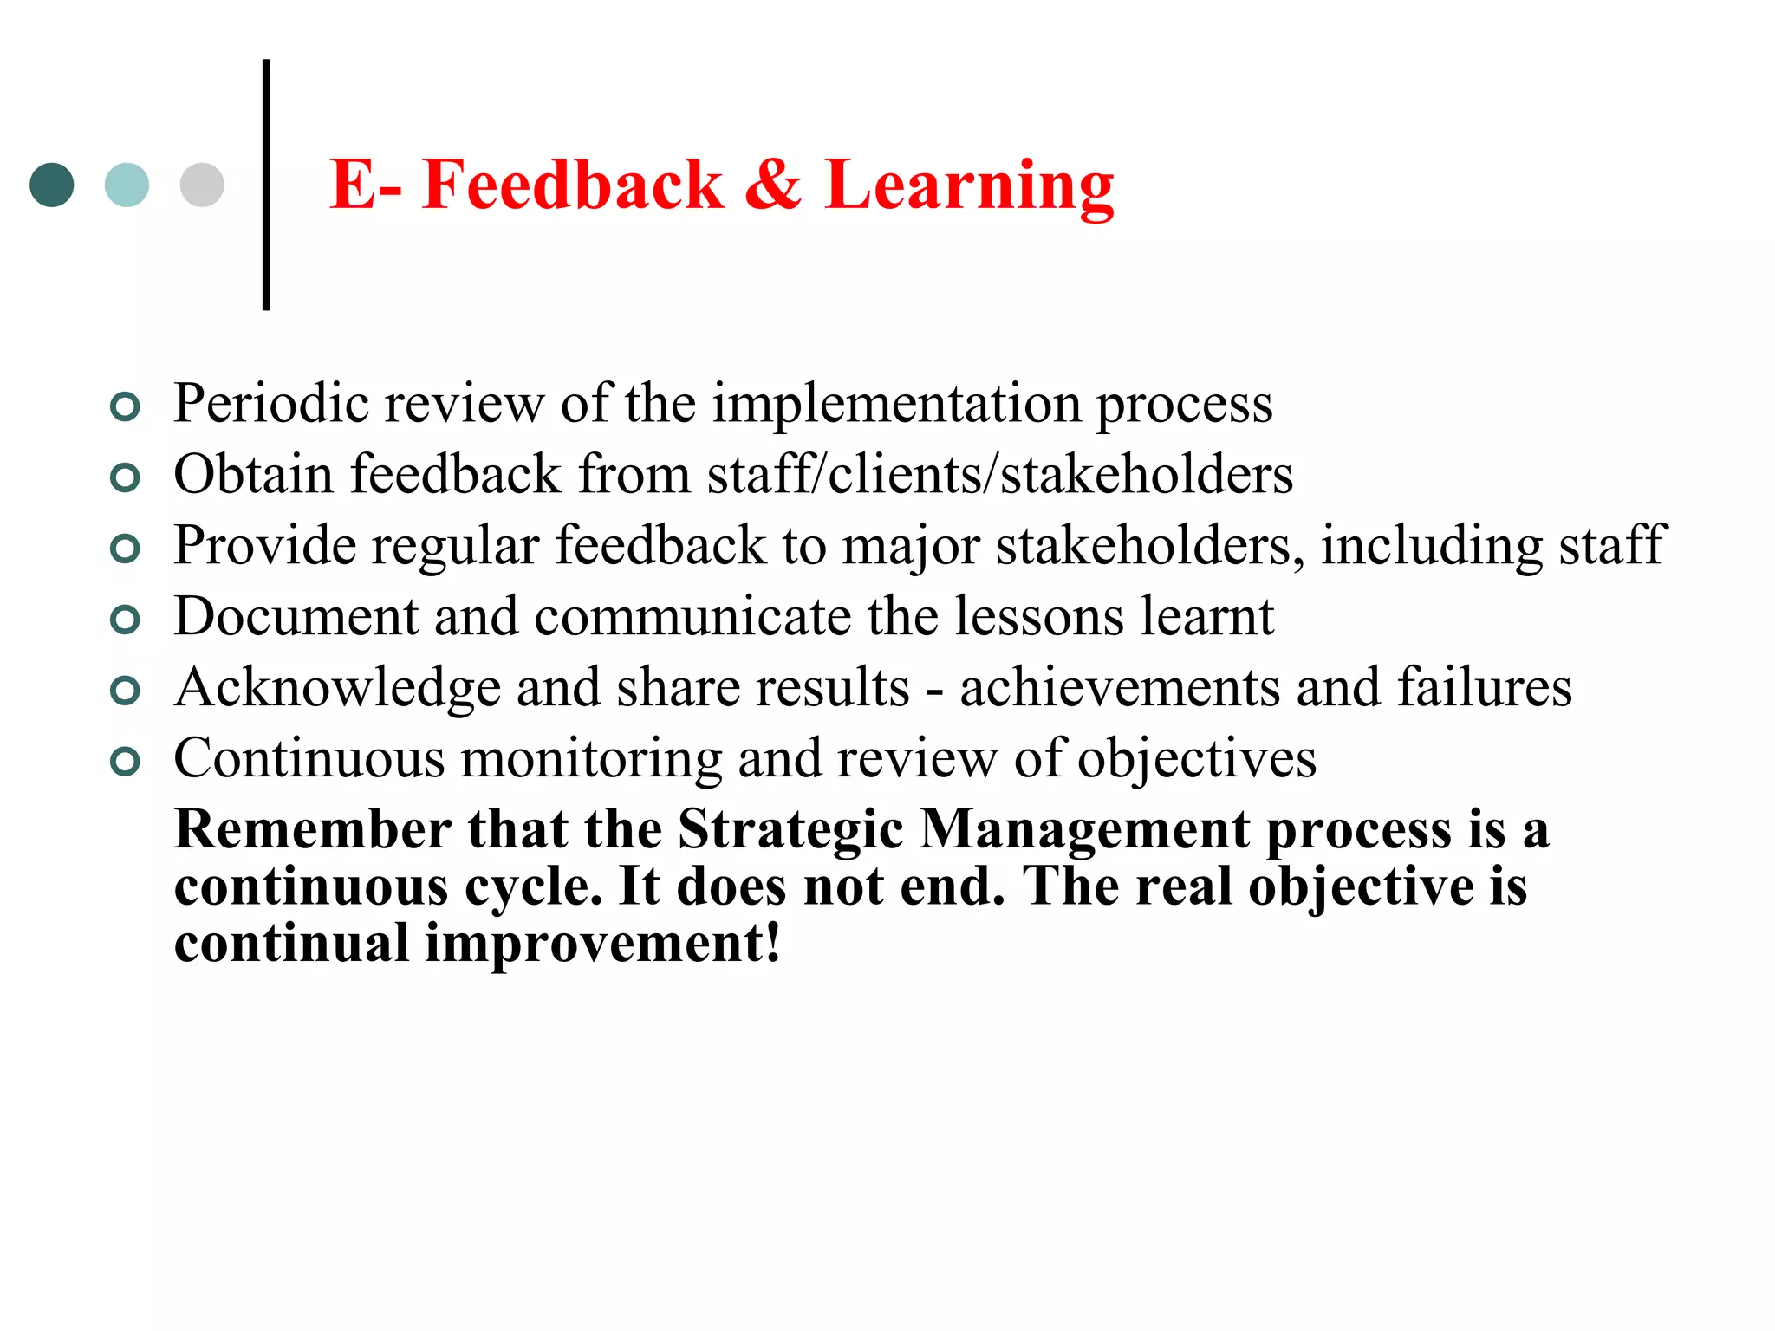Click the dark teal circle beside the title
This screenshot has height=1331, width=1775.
click(52, 185)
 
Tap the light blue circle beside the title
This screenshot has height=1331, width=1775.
click(127, 185)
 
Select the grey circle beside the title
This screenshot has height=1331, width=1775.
click(202, 185)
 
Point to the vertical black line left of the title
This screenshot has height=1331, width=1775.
click(266, 185)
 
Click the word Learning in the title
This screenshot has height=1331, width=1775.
click(969, 186)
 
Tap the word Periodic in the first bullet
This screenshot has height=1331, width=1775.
click(271, 404)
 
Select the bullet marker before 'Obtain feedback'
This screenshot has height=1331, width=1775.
click(126, 477)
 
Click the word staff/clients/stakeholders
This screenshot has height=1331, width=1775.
click(999, 475)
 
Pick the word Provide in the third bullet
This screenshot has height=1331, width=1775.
click(265, 546)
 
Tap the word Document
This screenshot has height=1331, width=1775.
click(296, 617)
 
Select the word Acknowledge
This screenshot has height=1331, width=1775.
click(337, 689)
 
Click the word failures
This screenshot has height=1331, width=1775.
click(1484, 688)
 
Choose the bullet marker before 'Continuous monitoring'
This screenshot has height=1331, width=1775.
click(126, 761)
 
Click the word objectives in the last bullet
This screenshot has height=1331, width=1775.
click(1196, 760)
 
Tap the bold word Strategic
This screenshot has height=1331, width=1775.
click(790, 830)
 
